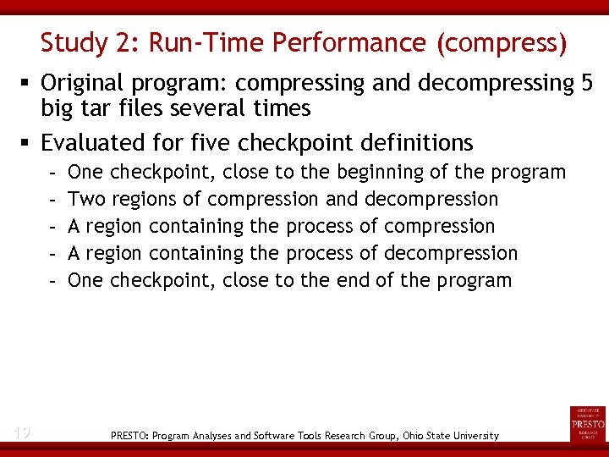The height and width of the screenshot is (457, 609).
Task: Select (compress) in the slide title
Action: (502, 42)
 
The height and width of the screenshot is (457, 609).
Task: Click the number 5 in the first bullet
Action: (586, 83)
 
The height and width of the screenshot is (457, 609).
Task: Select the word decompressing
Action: (495, 83)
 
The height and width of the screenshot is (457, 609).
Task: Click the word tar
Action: (97, 108)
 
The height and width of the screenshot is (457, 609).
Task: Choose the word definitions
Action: (411, 142)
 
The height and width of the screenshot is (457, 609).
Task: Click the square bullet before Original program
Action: (27, 84)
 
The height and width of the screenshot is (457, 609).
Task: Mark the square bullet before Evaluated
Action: (27, 143)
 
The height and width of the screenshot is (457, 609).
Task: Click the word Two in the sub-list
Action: (83, 199)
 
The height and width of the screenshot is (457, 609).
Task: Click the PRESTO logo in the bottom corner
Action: (587, 423)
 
